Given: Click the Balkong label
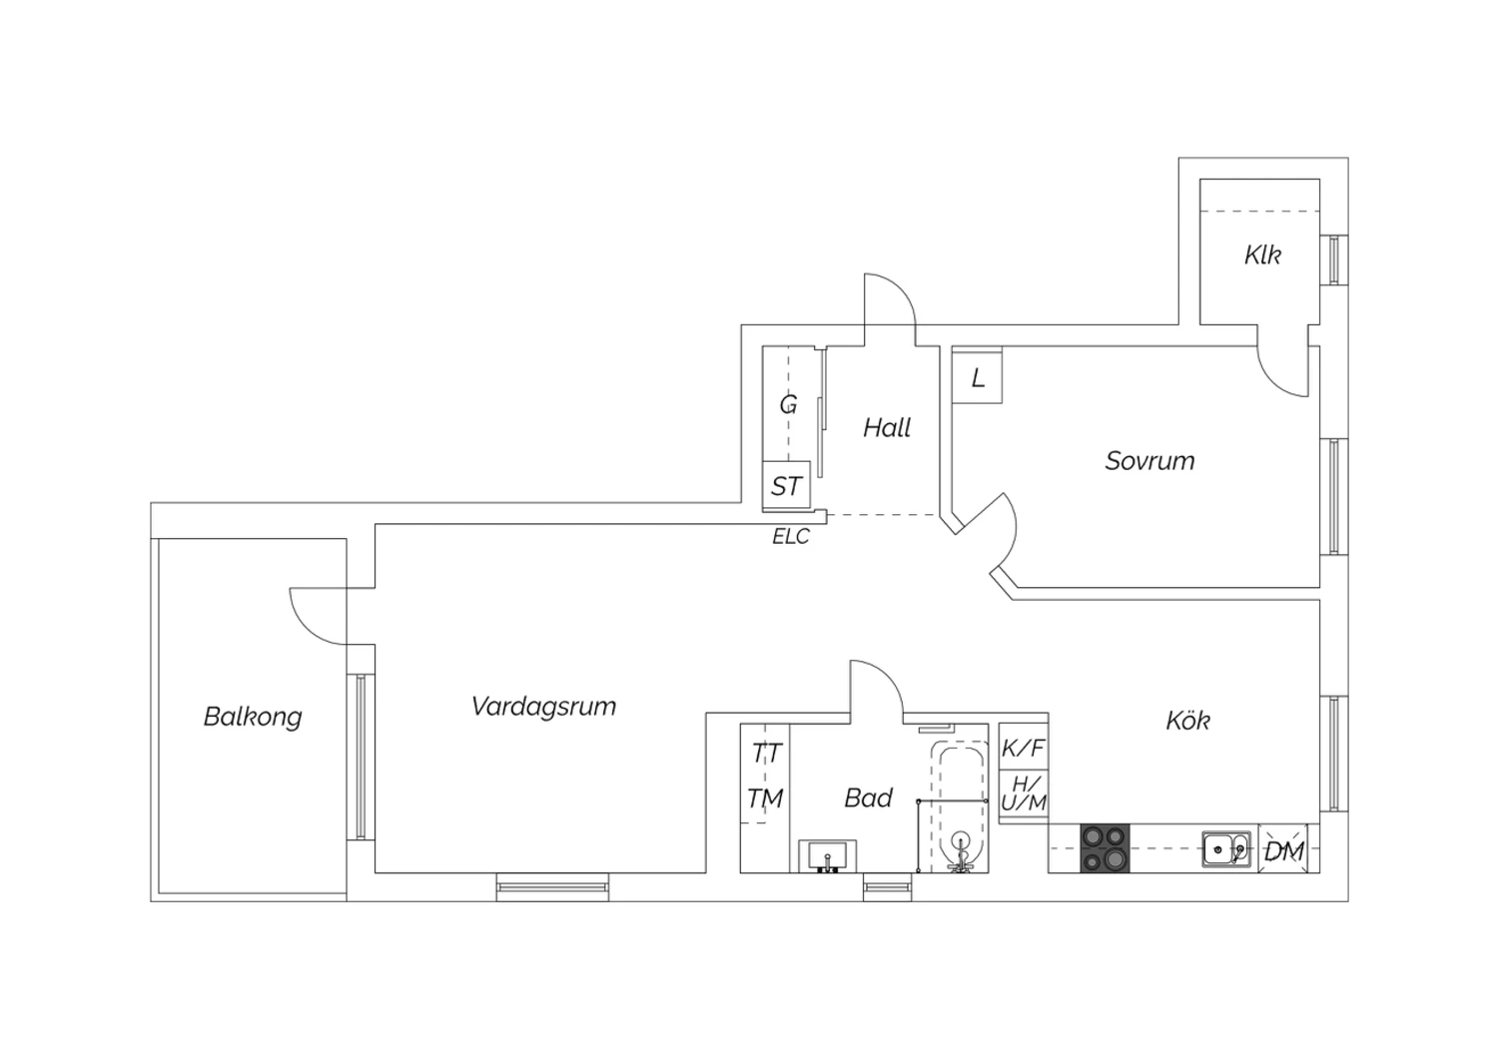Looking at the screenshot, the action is [253, 717].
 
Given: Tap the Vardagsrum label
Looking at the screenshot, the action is [543, 707].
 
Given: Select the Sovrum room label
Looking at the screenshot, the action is [1149, 461].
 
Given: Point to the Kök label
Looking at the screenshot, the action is [1187, 720].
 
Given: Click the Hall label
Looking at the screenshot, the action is [887, 428].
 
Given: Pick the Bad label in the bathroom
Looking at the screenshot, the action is [868, 798].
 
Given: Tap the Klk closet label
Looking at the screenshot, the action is [1262, 256].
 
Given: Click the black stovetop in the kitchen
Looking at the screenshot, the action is [1105, 848].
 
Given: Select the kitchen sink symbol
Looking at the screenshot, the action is [1226, 848].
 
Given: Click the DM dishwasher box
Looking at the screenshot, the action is [1284, 848].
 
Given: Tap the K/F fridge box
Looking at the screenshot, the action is [1024, 748].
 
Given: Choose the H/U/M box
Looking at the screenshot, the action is [1024, 794].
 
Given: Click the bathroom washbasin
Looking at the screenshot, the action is [828, 856].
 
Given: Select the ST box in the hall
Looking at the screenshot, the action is [787, 486].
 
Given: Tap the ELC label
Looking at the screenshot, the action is [791, 537].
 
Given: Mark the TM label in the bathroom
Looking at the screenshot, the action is [765, 798].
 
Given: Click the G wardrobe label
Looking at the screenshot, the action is [789, 404].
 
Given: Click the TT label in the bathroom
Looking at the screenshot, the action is [766, 754].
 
